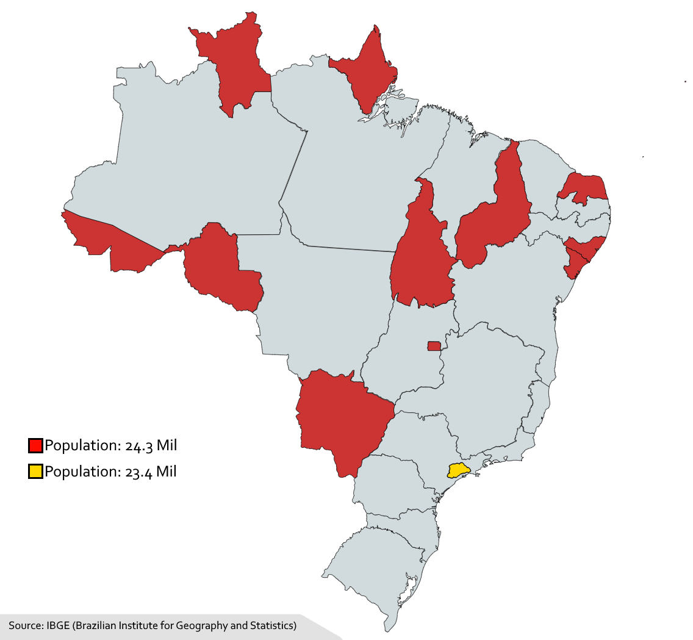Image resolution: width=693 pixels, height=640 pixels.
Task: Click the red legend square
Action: point(35,445)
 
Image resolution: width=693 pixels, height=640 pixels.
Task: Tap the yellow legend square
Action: point(35,471)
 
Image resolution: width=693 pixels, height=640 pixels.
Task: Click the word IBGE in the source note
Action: point(57,625)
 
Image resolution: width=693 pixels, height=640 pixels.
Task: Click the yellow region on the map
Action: point(458,470)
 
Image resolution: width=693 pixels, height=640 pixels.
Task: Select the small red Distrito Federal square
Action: point(434,346)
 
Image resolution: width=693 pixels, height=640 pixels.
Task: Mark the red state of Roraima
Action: point(235,67)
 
